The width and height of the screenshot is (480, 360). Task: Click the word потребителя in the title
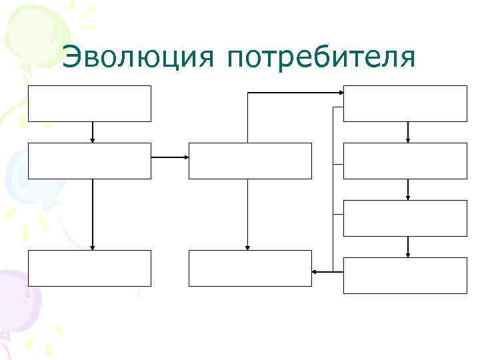[321, 59]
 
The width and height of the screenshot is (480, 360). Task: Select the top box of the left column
[89, 103]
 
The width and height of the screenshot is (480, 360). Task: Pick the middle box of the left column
[89, 161]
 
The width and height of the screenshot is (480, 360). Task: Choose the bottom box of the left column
[89, 268]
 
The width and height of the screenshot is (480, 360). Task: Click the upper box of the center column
[250, 161]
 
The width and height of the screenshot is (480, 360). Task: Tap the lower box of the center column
[250, 268]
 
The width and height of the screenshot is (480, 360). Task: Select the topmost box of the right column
[405, 103]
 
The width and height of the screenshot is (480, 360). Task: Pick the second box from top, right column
[405, 161]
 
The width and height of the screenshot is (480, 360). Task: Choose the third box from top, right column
[405, 218]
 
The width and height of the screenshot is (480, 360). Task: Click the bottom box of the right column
[405, 275]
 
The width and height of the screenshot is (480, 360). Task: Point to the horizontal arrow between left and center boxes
[170, 158]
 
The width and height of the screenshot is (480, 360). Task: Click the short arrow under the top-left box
[93, 132]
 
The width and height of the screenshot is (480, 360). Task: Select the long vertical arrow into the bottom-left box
[93, 213]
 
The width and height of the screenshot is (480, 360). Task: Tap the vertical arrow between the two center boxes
[247, 213]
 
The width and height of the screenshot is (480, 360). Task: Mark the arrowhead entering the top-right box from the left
[340, 93]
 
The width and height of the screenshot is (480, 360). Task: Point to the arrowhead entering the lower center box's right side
[315, 271]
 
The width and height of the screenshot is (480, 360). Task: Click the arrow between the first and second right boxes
[408, 132]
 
